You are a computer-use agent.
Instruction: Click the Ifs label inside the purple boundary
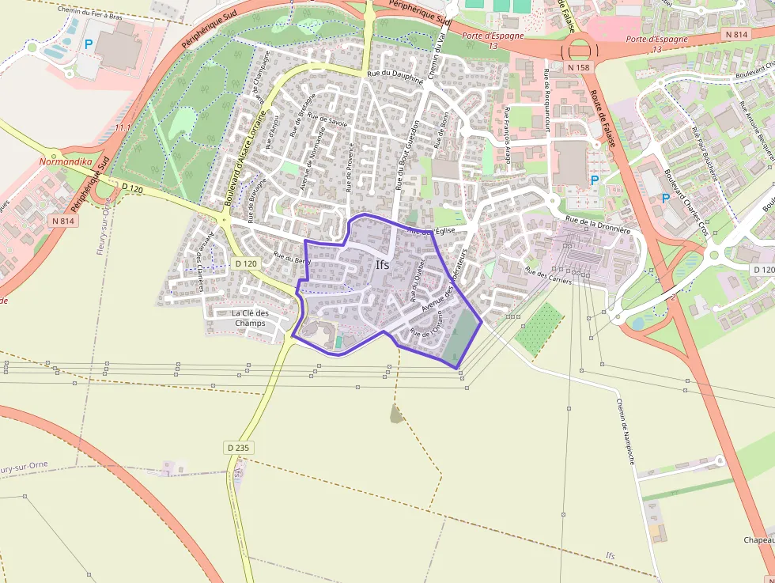tap(383, 265)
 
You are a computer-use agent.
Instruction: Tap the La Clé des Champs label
tap(250, 318)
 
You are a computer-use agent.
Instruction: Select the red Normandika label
tap(66, 162)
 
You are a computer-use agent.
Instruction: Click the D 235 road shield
tap(238, 448)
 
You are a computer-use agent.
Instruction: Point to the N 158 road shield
tap(579, 68)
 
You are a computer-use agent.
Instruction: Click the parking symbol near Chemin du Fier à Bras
tap(89, 45)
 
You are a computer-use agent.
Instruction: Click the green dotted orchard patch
tap(539, 327)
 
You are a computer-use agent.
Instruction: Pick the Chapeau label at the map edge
tap(758, 540)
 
